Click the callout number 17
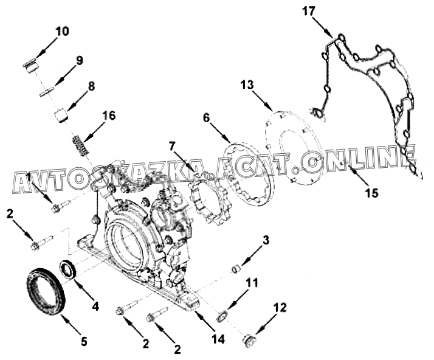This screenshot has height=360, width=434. point(308,12)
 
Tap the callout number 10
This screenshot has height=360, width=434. point(63,31)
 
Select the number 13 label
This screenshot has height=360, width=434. point(247,85)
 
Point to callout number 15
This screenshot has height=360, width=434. point(371,193)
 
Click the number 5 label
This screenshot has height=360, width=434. point(84,341)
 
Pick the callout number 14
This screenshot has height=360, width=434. point(218,339)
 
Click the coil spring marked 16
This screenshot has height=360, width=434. point(80,146)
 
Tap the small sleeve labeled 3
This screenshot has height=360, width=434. point(236,269)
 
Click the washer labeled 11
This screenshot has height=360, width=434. point(222,317)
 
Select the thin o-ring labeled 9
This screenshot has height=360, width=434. point(46,91)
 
